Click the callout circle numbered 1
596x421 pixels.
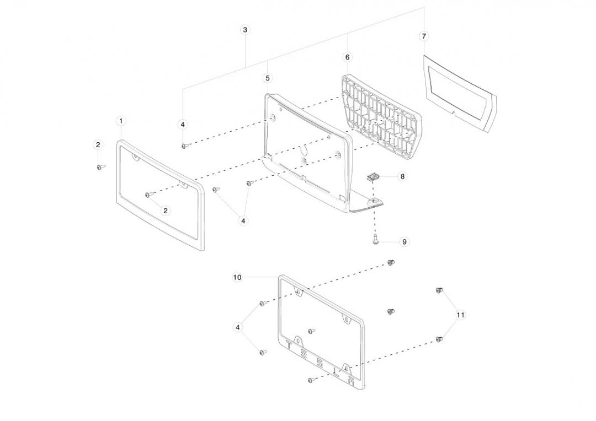tap(121, 121)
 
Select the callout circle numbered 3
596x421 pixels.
tap(245, 30)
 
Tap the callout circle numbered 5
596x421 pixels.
tap(268, 78)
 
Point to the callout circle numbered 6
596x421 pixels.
tap(347, 57)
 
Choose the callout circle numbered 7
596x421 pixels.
tap(423, 36)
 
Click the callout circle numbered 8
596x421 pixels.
tap(402, 177)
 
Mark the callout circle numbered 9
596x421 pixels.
tap(405, 242)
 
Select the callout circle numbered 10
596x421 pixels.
tap(237, 278)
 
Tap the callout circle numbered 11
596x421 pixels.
tap(461, 315)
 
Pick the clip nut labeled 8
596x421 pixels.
tap(374, 177)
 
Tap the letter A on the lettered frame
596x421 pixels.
tap(345, 368)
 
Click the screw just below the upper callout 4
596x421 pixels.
tap(185, 146)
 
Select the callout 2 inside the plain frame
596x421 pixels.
tap(166, 210)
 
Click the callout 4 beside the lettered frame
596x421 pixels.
tap(238, 327)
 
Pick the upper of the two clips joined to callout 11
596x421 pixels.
tap(439, 290)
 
